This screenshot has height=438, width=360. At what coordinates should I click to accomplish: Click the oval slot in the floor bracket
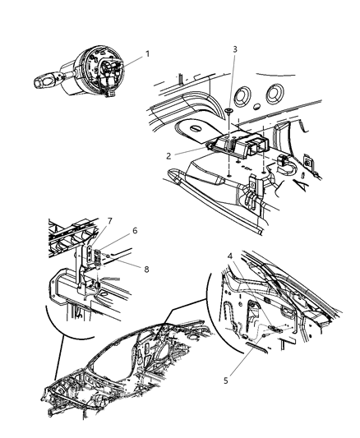point(196,130)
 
